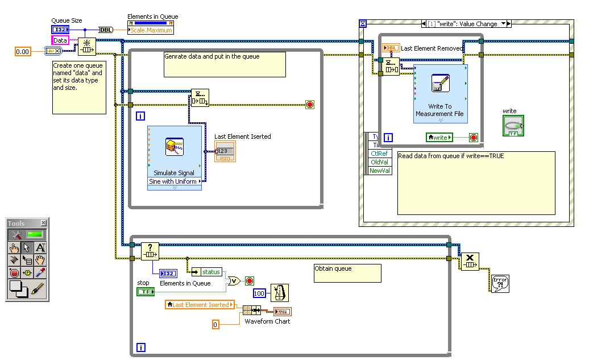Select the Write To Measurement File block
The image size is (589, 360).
pos(441,94)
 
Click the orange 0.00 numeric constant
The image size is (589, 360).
pos(23,52)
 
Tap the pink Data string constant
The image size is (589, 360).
pos(60,40)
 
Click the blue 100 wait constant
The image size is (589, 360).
pos(259,293)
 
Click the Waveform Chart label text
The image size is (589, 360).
pos(267,321)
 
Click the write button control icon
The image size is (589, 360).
pos(513,125)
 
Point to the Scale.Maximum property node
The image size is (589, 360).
pos(151,30)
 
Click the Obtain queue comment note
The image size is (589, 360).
pos(347,272)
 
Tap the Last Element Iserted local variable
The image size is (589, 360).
pos(200,305)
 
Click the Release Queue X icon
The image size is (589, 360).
pos(470,262)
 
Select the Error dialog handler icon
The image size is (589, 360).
pos(500,283)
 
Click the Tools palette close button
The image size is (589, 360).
pos(44,224)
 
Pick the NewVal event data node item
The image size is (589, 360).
pos(380,171)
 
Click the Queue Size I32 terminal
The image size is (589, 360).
pos(60,30)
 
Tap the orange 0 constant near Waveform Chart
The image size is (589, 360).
pos(215,324)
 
